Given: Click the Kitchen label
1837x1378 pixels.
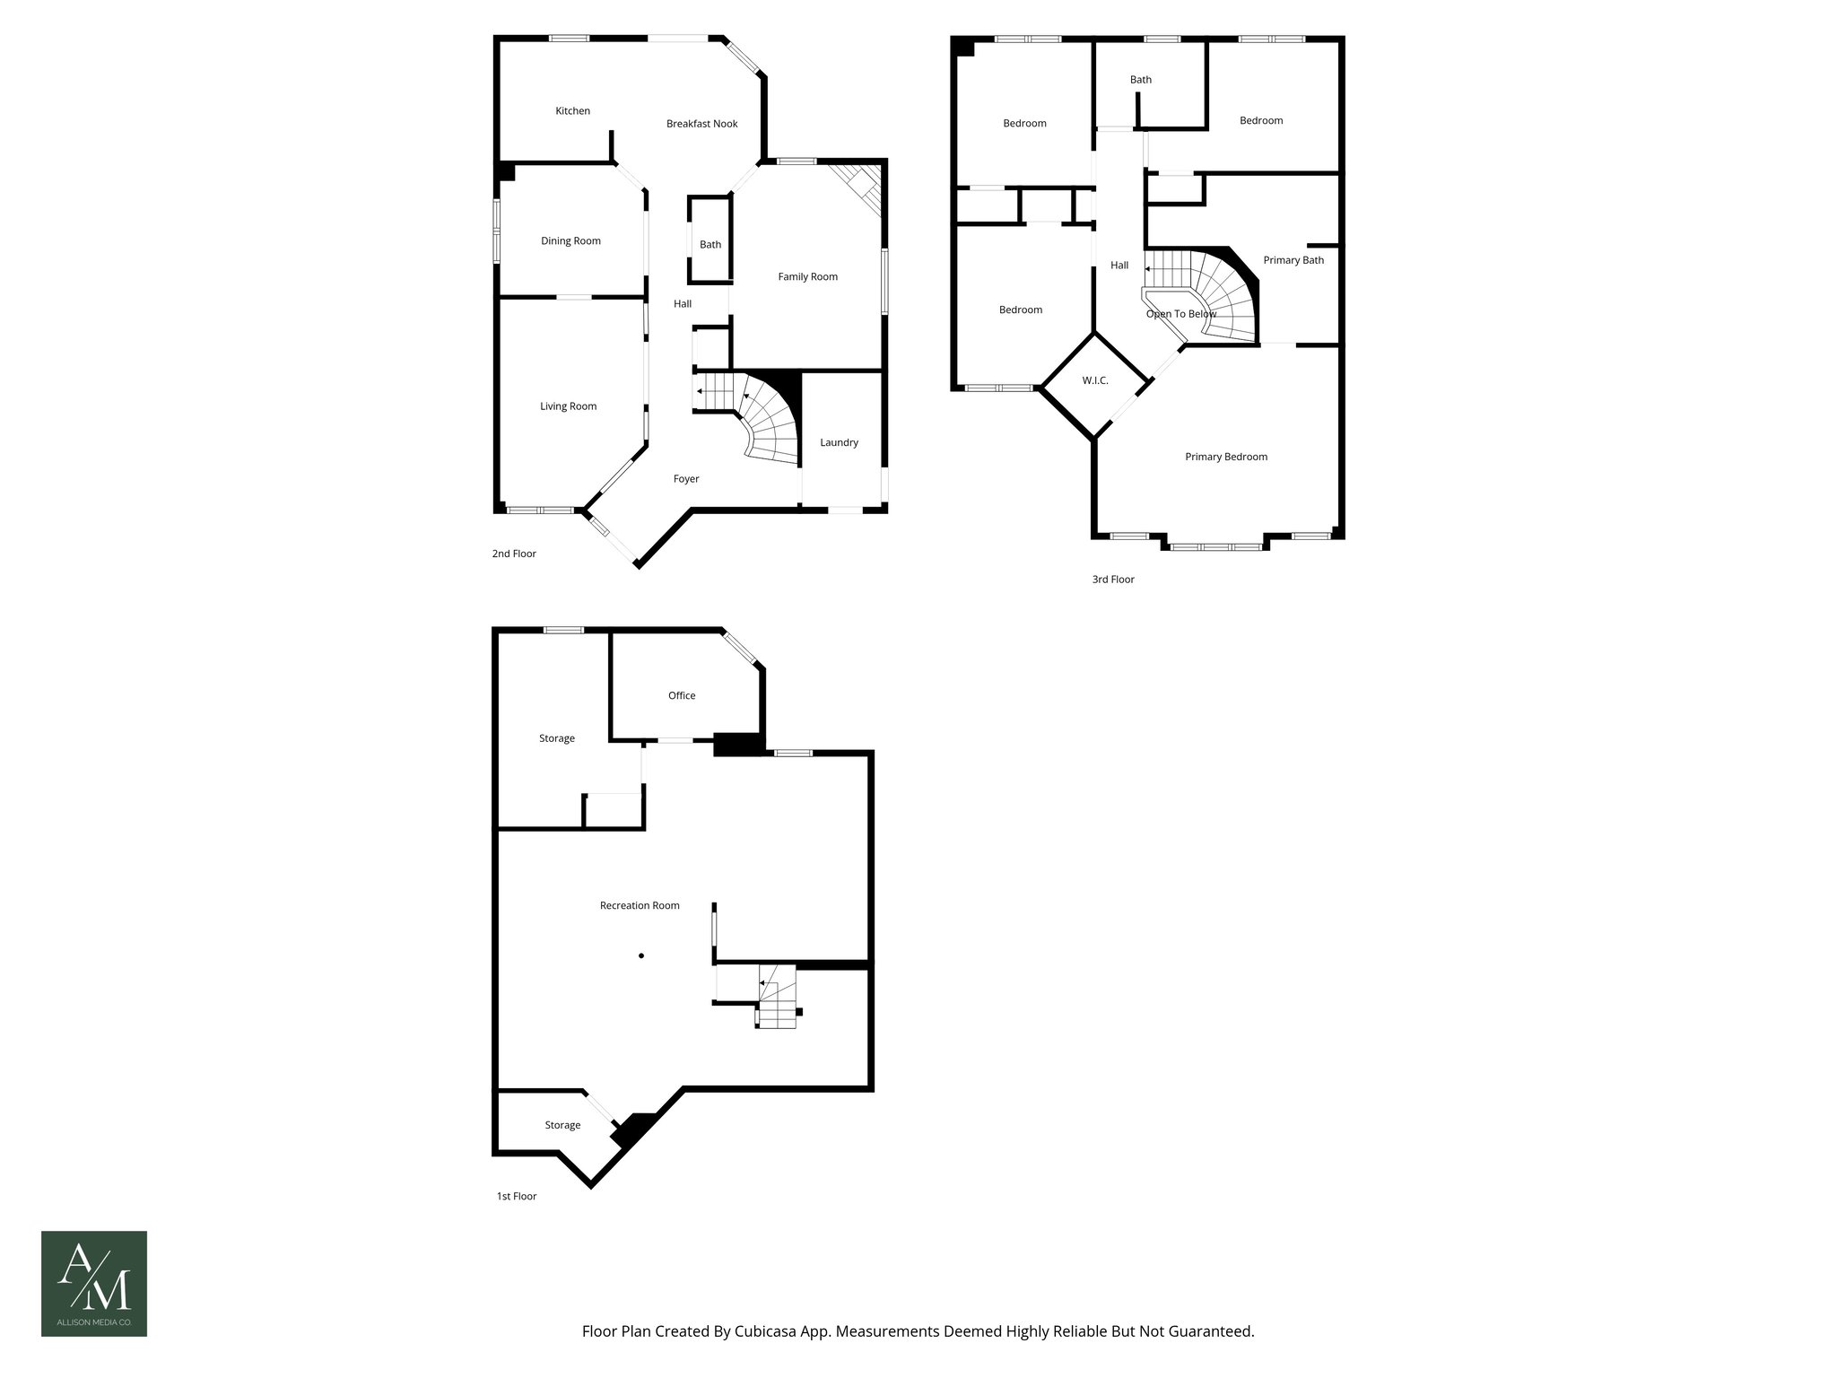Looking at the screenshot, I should [x=572, y=111].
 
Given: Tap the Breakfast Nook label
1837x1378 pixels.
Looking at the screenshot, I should [x=701, y=124].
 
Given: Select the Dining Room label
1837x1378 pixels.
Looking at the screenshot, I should [x=570, y=241].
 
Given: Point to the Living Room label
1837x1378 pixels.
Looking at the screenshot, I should [x=568, y=406].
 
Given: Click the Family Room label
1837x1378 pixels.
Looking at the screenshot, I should [x=807, y=277].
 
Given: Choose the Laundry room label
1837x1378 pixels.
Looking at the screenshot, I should [x=839, y=442].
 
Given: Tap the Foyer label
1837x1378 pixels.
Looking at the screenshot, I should [x=686, y=479].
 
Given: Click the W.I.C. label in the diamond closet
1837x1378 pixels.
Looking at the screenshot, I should [x=1094, y=381].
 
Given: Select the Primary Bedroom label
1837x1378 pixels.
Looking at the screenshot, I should [x=1225, y=458].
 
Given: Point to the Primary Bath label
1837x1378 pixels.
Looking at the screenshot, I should [x=1293, y=261].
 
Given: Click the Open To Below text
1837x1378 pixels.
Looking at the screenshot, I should [x=1180, y=315].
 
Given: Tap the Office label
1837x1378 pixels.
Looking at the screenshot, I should [x=682, y=696].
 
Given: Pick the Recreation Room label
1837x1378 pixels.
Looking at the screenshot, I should [x=640, y=906].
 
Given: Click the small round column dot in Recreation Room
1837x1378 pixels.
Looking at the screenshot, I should [x=641, y=955].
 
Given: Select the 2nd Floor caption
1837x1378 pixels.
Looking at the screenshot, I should [x=514, y=554].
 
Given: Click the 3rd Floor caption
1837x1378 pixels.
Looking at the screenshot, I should [x=1112, y=580].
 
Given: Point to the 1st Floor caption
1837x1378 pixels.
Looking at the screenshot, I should [x=517, y=1197].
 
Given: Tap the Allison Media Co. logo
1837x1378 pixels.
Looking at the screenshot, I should [x=94, y=1284].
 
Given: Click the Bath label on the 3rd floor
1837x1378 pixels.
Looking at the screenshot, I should [x=1140, y=80].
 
